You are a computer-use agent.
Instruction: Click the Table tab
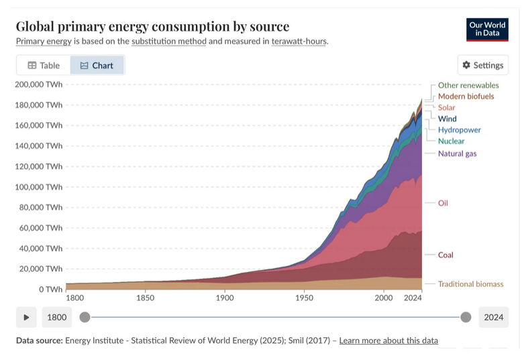pyautogui.click(x=44, y=65)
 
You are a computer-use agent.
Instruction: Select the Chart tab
pyautogui.click(x=97, y=65)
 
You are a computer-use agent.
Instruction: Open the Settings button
pyautogui.click(x=482, y=65)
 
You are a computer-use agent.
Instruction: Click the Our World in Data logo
pyautogui.click(x=488, y=29)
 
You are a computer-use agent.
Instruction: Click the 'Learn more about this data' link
pyautogui.click(x=388, y=341)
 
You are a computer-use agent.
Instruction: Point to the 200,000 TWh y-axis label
pyautogui.click(x=38, y=84)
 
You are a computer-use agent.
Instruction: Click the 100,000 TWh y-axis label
pyautogui.click(x=38, y=187)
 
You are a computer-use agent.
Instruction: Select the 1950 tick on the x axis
pyautogui.click(x=304, y=298)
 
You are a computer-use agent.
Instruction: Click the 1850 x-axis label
pyautogui.click(x=145, y=298)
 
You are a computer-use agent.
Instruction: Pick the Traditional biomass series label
pyautogui.click(x=470, y=284)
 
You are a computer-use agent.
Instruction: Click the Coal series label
pyautogui.click(x=446, y=255)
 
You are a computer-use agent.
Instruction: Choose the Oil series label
pyautogui.click(x=443, y=202)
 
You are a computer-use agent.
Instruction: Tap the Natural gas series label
pyautogui.click(x=457, y=154)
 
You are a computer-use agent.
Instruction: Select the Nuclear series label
pyautogui.click(x=451, y=141)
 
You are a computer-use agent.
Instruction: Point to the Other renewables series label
pyautogui.click(x=468, y=85)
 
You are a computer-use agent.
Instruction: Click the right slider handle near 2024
pyautogui.click(x=466, y=317)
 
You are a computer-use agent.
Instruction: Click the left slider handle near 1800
pyautogui.click(x=85, y=317)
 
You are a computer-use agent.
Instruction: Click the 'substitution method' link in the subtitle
pyautogui.click(x=168, y=41)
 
